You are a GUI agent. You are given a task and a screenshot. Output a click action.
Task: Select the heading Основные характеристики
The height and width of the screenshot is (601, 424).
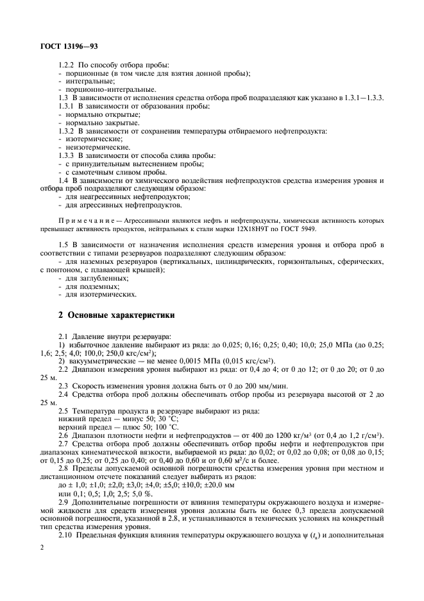116,315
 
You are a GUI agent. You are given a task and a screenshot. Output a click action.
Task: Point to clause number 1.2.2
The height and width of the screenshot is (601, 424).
67,65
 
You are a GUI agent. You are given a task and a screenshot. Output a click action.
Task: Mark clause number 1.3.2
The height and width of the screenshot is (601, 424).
67,130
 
